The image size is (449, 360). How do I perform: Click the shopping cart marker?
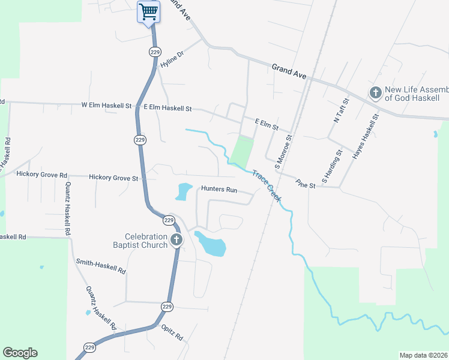[148, 11]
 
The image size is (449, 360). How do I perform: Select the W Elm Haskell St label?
[106, 106]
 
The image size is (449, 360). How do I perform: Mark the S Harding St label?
[331, 166]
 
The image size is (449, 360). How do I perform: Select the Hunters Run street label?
[219, 189]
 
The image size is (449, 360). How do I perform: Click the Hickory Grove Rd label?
[42, 175]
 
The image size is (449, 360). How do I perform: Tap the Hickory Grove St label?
[113, 178]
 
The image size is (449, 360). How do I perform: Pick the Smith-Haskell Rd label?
[100, 267]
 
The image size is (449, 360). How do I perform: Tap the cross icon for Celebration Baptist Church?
[176, 241]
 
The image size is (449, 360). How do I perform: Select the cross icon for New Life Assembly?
[376, 93]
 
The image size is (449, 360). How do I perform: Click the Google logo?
[20, 353]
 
